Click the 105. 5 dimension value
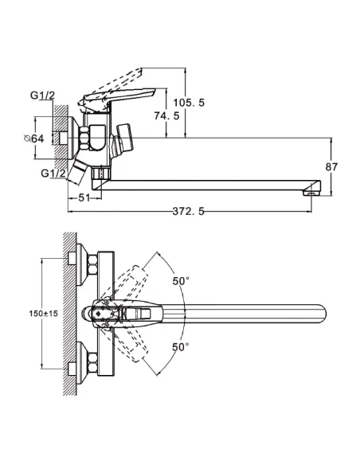[189, 103]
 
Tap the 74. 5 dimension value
[166, 115]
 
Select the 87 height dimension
[331, 167]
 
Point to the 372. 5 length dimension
[189, 212]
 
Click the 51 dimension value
[84, 197]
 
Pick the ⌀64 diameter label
[34, 139]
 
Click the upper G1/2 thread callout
[42, 96]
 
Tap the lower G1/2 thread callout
[53, 173]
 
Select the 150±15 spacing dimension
[43, 314]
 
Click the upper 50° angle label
[181, 281]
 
